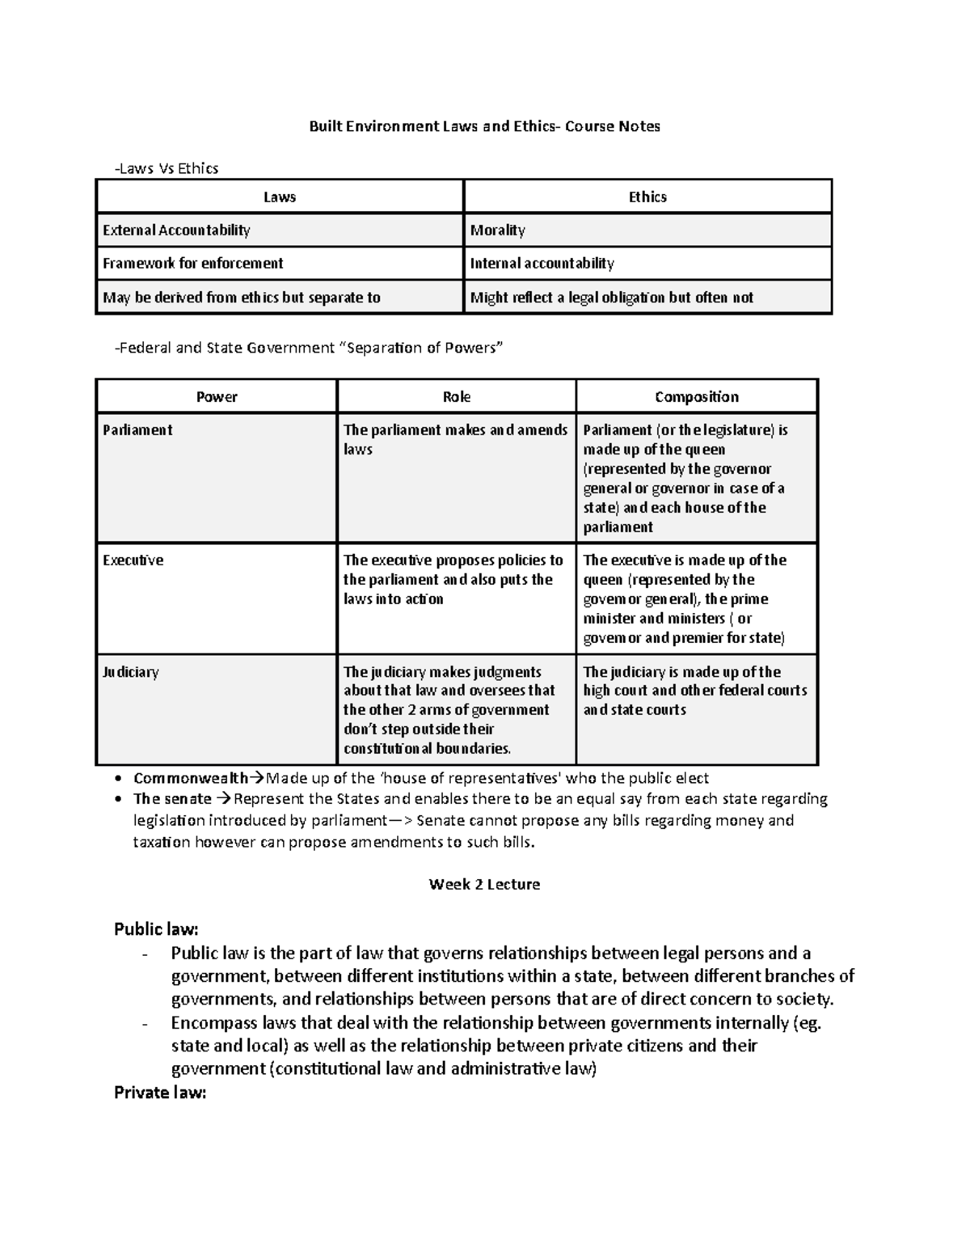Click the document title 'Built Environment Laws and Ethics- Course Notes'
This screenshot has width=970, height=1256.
[x=485, y=126]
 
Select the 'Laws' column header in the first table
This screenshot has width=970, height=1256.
[x=280, y=197]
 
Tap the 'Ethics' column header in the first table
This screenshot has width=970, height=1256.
[x=647, y=197]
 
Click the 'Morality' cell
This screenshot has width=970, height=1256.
[x=498, y=230]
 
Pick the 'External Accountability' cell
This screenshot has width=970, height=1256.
[x=176, y=230]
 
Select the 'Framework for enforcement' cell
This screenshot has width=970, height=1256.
[x=192, y=264]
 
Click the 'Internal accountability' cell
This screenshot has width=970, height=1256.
[x=542, y=264]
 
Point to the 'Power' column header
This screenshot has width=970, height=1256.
[x=217, y=397]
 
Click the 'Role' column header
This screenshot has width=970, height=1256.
[x=457, y=397]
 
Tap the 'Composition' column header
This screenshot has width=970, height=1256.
[x=697, y=397]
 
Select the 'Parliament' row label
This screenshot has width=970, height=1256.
[x=137, y=430]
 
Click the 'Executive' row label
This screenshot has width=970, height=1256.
[x=133, y=560]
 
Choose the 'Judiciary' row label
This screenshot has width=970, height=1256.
[x=131, y=672]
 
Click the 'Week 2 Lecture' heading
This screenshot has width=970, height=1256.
[x=484, y=885]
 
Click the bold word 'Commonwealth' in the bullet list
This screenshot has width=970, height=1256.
[x=191, y=779]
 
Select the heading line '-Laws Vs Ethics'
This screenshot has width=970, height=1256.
[x=167, y=168]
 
